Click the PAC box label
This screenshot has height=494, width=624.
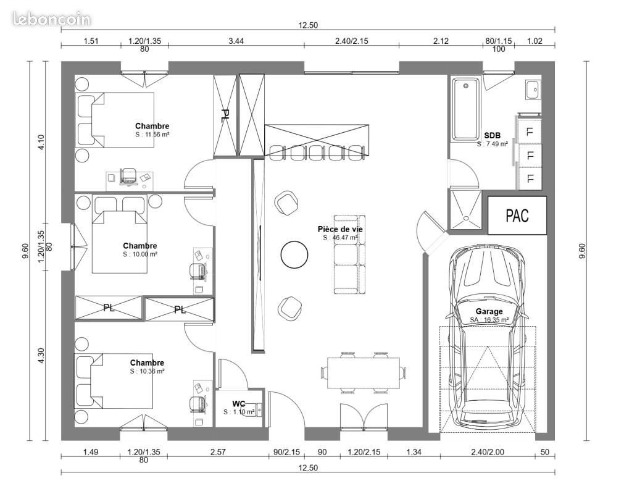(517, 216)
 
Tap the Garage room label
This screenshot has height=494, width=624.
(489, 312)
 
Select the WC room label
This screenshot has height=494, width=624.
(239, 404)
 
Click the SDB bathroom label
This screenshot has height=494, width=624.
(492, 135)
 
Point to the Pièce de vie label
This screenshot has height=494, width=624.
(340, 229)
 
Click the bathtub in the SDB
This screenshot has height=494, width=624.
(465, 109)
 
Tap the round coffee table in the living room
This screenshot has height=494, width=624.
(294, 254)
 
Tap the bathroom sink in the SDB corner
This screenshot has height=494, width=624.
(533, 90)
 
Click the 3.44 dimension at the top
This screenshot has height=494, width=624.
(236, 41)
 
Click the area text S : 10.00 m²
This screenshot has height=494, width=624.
(139, 254)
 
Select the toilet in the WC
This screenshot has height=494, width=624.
(254, 410)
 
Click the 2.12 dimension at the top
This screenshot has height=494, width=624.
(441, 41)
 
